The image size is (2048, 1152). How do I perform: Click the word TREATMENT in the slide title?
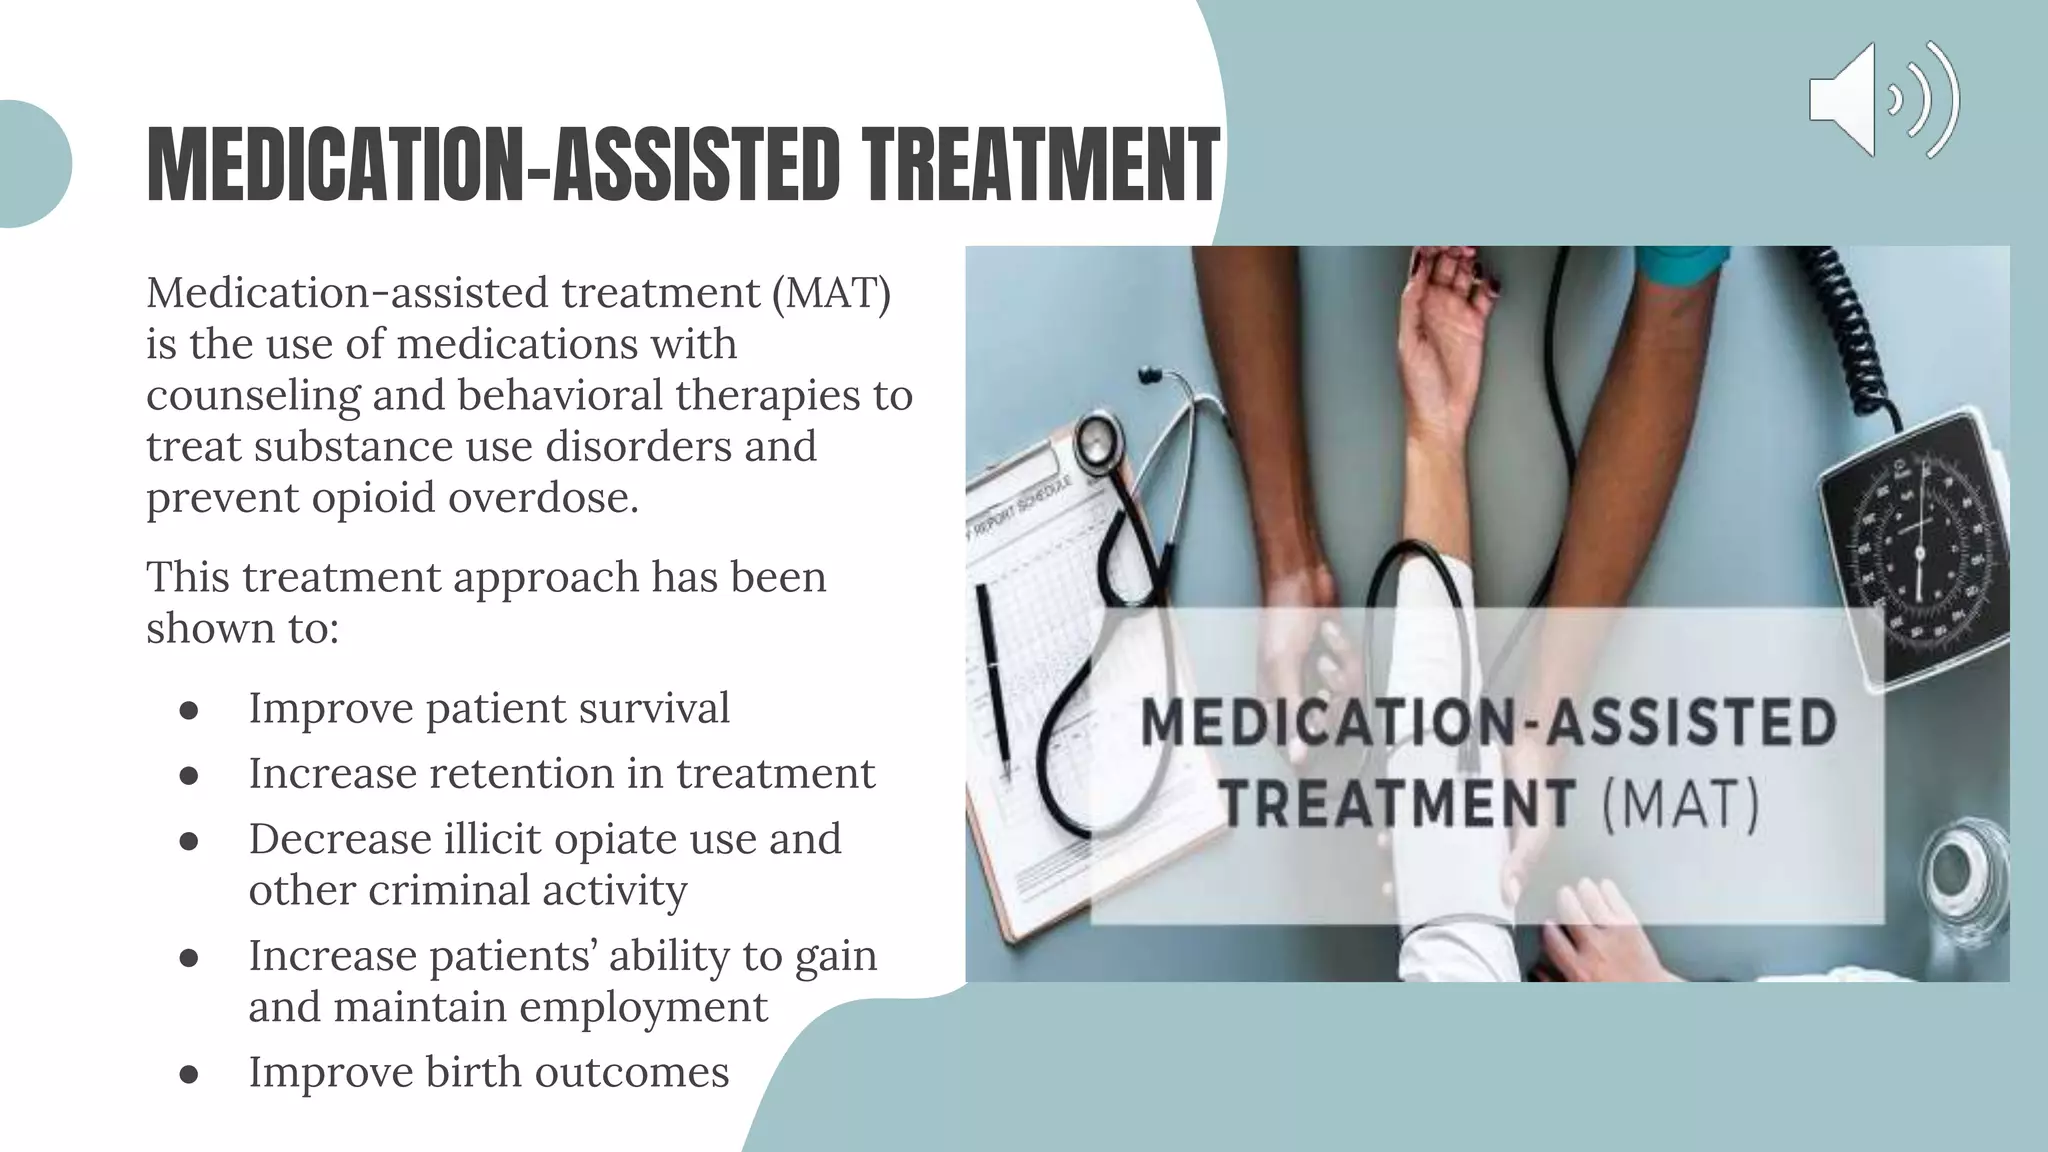[1042, 165]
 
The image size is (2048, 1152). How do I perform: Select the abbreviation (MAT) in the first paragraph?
[831, 293]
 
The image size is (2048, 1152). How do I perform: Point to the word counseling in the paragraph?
[253, 396]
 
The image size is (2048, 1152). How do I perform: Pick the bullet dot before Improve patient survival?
[189, 710]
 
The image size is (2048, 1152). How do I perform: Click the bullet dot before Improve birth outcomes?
[189, 1074]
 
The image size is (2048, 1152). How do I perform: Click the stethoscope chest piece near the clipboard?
[1098, 439]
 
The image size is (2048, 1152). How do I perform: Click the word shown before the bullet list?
[208, 629]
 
